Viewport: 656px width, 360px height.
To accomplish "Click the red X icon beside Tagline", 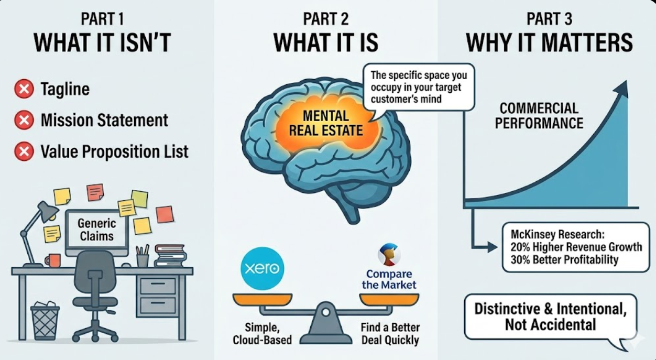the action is (24, 89).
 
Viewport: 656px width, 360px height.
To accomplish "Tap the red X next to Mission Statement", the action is (24, 121).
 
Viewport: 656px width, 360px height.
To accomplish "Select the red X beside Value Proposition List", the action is (24, 152).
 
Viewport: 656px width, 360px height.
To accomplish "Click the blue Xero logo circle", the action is (263, 269).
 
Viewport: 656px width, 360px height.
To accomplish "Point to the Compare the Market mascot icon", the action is (389, 255).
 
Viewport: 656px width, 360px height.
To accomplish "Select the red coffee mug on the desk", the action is (53, 260).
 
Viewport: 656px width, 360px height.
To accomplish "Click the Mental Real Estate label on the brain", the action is (325, 122).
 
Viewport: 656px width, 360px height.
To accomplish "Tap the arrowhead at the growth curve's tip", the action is (622, 88).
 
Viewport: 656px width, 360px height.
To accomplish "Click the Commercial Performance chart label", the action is (539, 116).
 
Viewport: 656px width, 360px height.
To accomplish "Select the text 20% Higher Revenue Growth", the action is (575, 247).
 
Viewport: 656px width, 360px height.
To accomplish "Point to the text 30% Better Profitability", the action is (564, 259).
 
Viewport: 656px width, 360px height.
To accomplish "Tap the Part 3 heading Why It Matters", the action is (549, 42).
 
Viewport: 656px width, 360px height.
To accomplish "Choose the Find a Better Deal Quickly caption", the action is (390, 334).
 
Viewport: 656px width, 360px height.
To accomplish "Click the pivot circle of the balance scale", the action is (325, 312).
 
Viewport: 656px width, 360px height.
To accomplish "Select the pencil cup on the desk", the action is (142, 259).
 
